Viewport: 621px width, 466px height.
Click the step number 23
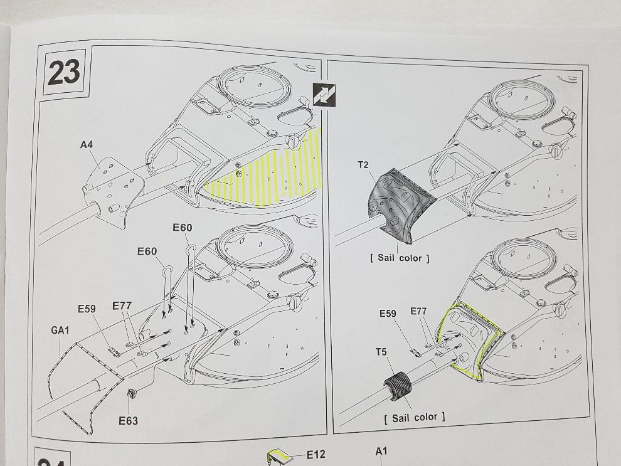click(x=64, y=73)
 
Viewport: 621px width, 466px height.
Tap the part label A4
click(x=87, y=144)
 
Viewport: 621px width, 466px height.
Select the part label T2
click(x=363, y=165)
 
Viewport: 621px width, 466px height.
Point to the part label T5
click(x=381, y=352)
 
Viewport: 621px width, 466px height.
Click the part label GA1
click(x=60, y=330)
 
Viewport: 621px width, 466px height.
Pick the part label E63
click(x=129, y=420)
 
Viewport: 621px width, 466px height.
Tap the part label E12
click(x=316, y=455)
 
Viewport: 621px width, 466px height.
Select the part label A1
click(x=381, y=451)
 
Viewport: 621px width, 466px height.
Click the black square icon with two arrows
click(x=324, y=95)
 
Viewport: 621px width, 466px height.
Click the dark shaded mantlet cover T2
click(x=398, y=204)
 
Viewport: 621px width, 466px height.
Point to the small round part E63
click(x=131, y=393)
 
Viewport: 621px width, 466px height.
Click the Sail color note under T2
click(x=400, y=258)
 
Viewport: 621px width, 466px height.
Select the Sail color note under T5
click(x=414, y=417)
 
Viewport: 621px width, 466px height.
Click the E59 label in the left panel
click(x=87, y=309)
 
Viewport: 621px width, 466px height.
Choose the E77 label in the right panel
click(x=418, y=311)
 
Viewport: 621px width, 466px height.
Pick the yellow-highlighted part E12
click(x=280, y=457)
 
